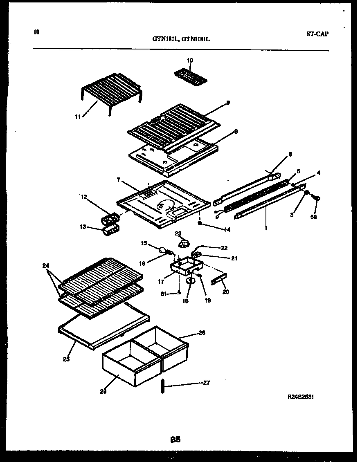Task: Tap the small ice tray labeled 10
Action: [x=191, y=75]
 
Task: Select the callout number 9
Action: [x=228, y=103]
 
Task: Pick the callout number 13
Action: [x=83, y=227]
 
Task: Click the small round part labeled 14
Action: [x=200, y=223]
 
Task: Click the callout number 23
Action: [x=178, y=234]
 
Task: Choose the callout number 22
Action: [x=224, y=248]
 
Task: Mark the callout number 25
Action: [x=66, y=359]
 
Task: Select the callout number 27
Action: [x=207, y=383]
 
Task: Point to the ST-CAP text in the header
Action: [x=317, y=34]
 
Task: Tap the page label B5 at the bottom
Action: [x=175, y=440]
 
